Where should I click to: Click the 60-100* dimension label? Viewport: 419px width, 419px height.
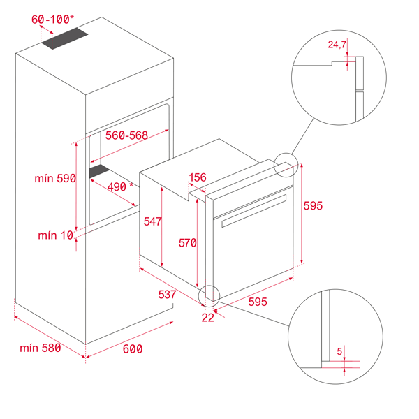[x=52, y=20]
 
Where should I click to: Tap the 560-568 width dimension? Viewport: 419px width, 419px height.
[x=126, y=135]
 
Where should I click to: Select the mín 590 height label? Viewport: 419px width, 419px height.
[x=55, y=178]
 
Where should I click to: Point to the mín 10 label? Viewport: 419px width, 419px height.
[x=55, y=235]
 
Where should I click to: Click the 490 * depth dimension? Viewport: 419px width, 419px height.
[x=120, y=186]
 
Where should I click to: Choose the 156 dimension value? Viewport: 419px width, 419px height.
[x=198, y=177]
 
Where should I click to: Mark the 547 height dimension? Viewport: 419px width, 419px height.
[x=152, y=221]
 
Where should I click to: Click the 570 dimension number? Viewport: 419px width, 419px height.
[x=188, y=243]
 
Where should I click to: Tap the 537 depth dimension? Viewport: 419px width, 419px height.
[x=167, y=295]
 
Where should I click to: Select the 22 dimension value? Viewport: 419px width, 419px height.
[x=208, y=318]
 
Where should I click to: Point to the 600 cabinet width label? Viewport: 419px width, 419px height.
[x=133, y=349]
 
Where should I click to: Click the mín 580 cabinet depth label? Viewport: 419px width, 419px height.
[x=41, y=348]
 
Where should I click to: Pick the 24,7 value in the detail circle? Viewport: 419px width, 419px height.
[x=337, y=45]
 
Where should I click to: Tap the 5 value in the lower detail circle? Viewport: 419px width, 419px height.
[x=339, y=351]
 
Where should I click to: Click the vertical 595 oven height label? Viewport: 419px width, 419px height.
[x=313, y=206]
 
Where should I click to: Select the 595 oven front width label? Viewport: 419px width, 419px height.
[x=258, y=302]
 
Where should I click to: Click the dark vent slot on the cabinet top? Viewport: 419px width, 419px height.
[x=65, y=38]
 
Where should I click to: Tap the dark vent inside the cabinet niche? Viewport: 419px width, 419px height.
[x=99, y=171]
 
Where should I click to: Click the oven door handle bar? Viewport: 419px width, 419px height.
[x=254, y=211]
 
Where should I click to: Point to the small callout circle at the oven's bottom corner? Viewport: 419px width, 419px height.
[x=209, y=296]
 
